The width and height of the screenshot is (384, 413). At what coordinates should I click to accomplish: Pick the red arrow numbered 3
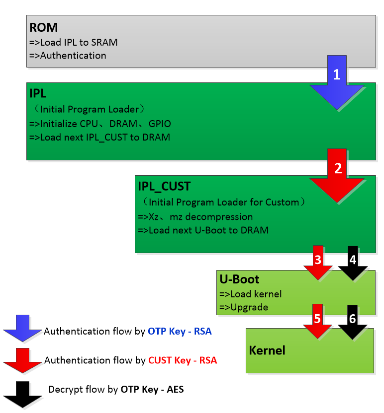click(x=318, y=263)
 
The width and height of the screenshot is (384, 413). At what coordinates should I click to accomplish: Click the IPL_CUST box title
click(x=164, y=187)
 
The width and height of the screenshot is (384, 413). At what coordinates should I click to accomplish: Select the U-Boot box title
click(x=239, y=279)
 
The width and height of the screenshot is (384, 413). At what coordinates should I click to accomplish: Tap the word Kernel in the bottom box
click(x=267, y=350)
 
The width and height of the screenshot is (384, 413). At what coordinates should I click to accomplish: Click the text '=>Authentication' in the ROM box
click(x=68, y=56)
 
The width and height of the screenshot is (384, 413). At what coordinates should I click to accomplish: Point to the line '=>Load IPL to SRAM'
click(x=74, y=43)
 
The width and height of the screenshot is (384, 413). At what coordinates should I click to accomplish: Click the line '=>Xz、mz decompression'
click(x=195, y=217)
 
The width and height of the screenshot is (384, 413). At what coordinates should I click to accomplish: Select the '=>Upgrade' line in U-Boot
click(x=244, y=307)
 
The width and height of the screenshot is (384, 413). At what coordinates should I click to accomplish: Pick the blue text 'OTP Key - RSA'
click(x=180, y=331)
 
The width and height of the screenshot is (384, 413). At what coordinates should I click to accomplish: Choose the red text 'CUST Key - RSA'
click(x=183, y=360)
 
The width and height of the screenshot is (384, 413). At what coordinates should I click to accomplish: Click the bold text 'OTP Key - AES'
click(x=152, y=389)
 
